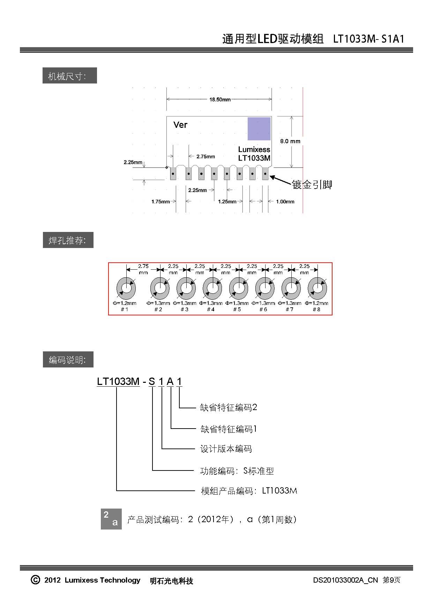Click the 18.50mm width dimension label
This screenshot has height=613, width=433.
click(x=220, y=100)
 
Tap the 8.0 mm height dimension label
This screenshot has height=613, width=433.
click(x=290, y=141)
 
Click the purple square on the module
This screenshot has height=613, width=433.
click(x=259, y=129)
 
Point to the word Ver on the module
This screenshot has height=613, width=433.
click(x=180, y=125)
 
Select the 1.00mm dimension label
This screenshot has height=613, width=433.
click(x=285, y=202)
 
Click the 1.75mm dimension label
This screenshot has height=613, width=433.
click(x=160, y=202)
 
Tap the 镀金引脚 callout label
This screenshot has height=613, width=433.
click(x=312, y=184)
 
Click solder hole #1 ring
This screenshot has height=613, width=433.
click(x=126, y=289)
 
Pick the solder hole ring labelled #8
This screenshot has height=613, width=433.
click(x=317, y=289)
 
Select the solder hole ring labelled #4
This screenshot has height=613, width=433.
click(x=212, y=289)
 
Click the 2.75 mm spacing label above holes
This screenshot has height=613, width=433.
click(x=143, y=269)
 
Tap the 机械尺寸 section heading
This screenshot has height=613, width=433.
click(x=69, y=76)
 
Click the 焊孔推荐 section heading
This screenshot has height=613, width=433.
click(x=68, y=240)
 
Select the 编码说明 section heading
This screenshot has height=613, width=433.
click(x=68, y=360)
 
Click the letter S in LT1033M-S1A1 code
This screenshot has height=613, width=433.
click(x=152, y=381)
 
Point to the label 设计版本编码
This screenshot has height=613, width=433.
click(x=226, y=449)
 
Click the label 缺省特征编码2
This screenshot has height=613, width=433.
click(x=228, y=407)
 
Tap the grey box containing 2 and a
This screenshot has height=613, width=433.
click(x=111, y=519)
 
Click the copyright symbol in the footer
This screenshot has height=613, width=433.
click(x=35, y=580)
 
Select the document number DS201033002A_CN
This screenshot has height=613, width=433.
click(x=345, y=580)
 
